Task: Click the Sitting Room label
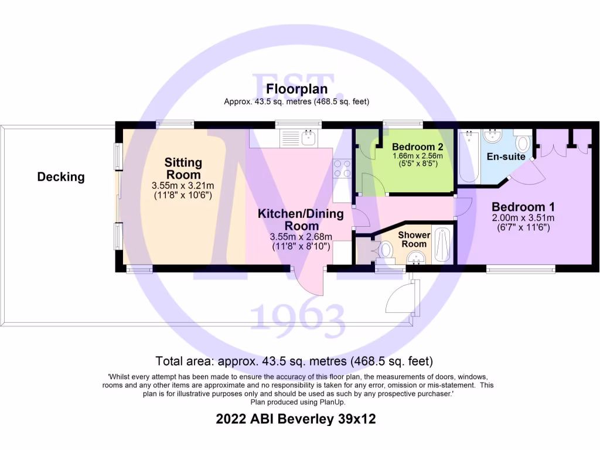tap(183, 168)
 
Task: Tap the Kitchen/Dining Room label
tap(301, 220)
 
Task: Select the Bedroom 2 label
tap(417, 146)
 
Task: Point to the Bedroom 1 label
tap(523, 207)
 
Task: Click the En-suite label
tap(506, 156)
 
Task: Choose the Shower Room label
tap(414, 240)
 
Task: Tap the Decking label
tap(61, 176)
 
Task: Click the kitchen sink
tap(308, 138)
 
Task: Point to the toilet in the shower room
tap(385, 250)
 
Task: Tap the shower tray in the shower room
tap(442, 244)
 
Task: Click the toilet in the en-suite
tap(523, 142)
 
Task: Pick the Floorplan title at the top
tap(296, 89)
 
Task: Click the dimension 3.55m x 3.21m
tap(182, 185)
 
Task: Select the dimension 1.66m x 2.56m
tap(417, 156)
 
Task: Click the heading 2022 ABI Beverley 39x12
tap(295, 419)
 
